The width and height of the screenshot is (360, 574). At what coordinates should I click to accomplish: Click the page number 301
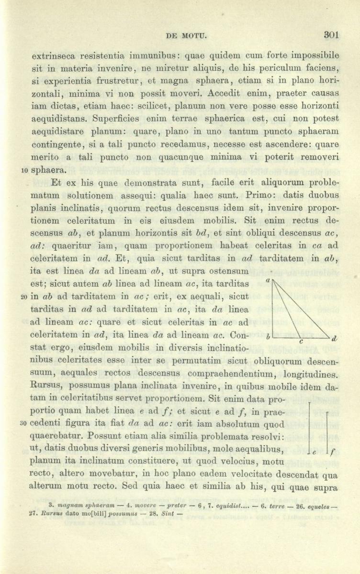tap(331, 34)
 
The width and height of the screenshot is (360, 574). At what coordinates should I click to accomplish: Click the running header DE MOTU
tap(184, 35)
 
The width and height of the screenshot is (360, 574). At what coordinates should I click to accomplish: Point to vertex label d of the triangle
tap(334, 339)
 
